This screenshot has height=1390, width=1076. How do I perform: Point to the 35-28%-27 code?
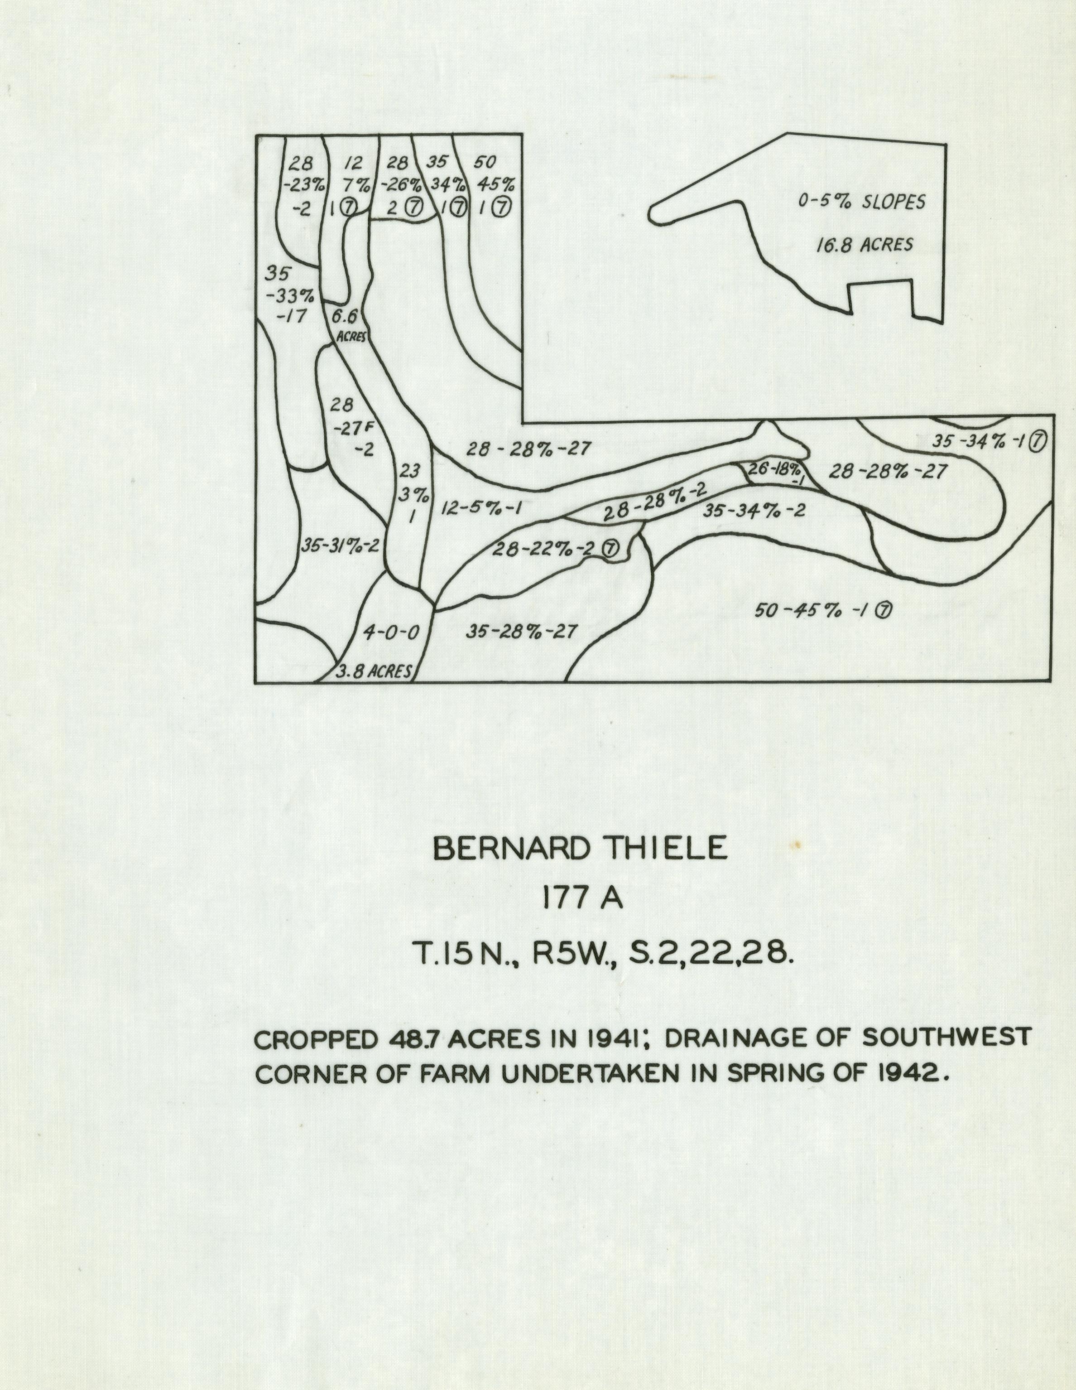pyautogui.click(x=522, y=632)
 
